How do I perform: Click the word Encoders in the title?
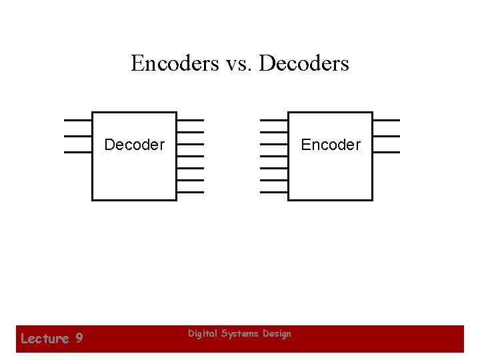coord(175,63)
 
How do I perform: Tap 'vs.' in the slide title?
coord(237,64)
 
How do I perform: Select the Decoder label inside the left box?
coord(134,145)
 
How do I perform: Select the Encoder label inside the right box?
coord(331,145)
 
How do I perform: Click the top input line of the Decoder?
coord(77,120)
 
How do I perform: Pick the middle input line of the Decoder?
coord(77,136)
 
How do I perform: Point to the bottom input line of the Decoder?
coord(77,152)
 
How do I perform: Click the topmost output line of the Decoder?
coord(191,120)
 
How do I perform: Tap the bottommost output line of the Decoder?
coord(191,192)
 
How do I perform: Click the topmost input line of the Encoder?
coord(273,120)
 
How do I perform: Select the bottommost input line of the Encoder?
coord(273,192)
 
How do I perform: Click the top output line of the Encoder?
coord(386,120)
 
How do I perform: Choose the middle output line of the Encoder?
coord(386,136)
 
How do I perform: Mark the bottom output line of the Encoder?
coord(386,152)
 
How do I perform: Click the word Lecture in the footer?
coord(45,339)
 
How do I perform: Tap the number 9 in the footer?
coord(79,339)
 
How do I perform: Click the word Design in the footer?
coord(277,333)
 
